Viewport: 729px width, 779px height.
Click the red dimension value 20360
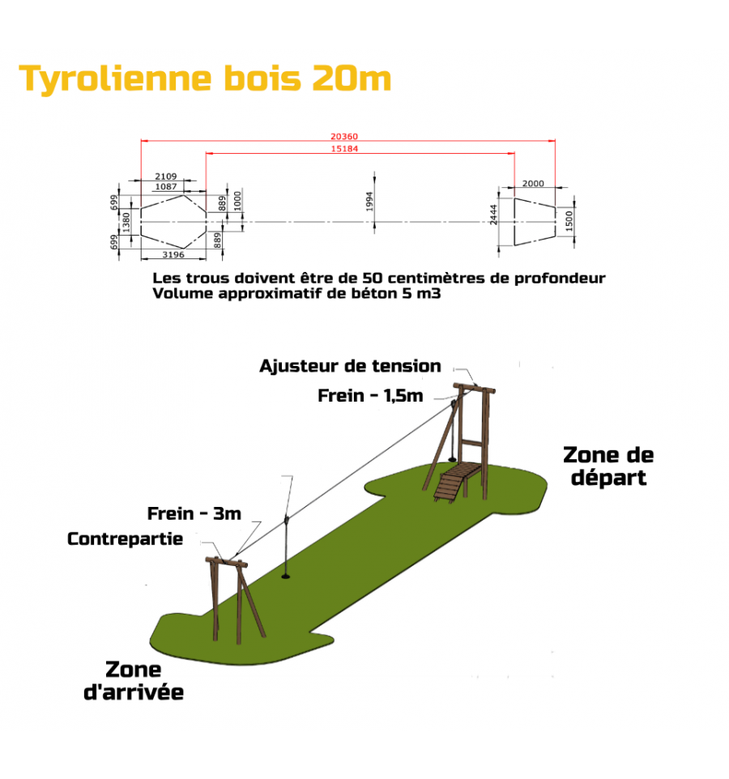click(344, 136)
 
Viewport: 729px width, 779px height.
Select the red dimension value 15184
click(344, 148)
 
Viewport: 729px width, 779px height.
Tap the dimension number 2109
click(165, 177)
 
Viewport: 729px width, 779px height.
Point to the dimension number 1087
click(166, 187)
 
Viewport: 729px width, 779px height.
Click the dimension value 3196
click(173, 254)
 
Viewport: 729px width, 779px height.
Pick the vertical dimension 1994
click(369, 202)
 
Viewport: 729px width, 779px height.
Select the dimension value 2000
click(533, 183)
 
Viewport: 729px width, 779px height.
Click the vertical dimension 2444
click(493, 215)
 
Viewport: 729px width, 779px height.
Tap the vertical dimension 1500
click(569, 220)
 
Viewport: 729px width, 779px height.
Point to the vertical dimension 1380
click(126, 222)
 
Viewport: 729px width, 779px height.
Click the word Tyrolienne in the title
click(115, 79)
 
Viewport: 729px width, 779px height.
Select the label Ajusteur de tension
click(350, 366)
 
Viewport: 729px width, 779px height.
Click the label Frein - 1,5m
click(370, 395)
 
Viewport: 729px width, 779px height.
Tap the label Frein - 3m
click(194, 513)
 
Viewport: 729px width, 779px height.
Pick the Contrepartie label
click(126, 539)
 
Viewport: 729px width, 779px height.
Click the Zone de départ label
click(608, 466)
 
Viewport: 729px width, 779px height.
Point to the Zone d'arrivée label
click(134, 681)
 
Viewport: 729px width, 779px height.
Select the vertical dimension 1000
click(237, 201)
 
